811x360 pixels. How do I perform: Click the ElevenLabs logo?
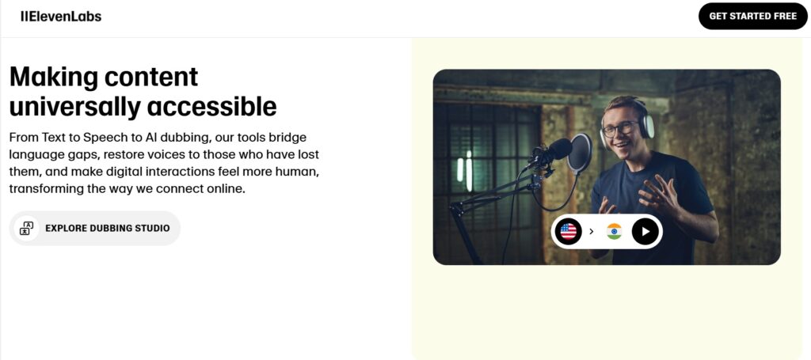[61, 17]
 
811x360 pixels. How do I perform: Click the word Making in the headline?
[53, 77]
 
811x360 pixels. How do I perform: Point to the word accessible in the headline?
[211, 106]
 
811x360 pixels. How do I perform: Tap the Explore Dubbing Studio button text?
[108, 229]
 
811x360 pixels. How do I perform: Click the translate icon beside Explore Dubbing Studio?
[26, 229]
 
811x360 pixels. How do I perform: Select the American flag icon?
[569, 231]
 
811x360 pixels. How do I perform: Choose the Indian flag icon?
[614, 231]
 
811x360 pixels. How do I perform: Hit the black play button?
[645, 231]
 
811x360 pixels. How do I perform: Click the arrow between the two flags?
[591, 231]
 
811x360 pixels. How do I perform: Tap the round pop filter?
[579, 153]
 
